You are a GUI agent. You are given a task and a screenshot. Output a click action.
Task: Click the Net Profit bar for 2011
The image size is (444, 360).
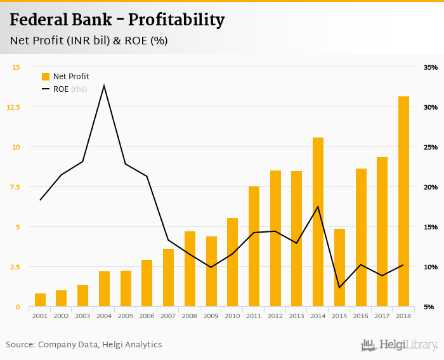pos(254,247)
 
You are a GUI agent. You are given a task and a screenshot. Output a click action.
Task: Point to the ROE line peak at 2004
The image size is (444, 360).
pos(104,86)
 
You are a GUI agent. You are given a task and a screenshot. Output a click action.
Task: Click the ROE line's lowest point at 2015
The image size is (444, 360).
pos(339,287)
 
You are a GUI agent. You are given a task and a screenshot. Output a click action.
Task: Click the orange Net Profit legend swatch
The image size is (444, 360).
pos(46,77)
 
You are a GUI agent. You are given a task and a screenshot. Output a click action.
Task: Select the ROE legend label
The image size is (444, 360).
pos(61,89)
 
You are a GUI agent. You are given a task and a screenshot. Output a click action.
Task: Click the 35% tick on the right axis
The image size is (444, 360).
pos(430,67)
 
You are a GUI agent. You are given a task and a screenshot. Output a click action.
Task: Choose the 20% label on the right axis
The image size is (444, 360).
pos(430,187)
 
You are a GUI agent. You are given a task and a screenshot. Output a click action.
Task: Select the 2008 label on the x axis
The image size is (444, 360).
pos(190,316)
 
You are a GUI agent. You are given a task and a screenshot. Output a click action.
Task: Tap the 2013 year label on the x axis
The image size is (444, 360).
pos(296,316)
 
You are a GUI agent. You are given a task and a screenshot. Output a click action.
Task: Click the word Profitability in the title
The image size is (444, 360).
pos(176,20)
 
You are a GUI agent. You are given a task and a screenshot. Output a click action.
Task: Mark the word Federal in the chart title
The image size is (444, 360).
pos(39,20)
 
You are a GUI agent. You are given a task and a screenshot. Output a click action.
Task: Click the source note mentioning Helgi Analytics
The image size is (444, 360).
pos(84,345)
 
